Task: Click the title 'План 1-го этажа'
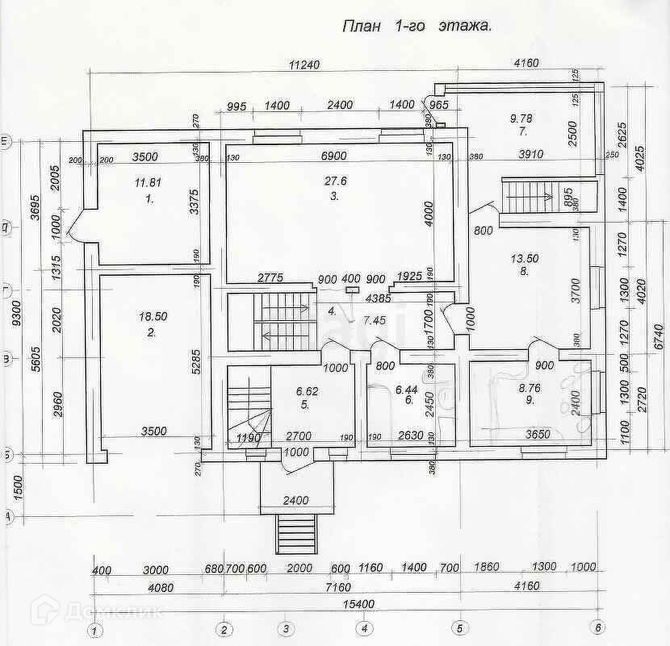pyautogui.click(x=417, y=26)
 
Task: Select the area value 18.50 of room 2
pyautogui.click(x=152, y=318)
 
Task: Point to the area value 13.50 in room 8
pyautogui.click(x=525, y=259)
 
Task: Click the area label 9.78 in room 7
pyautogui.click(x=521, y=119)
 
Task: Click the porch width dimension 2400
pyautogui.click(x=296, y=501)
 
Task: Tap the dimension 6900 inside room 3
pyautogui.click(x=333, y=155)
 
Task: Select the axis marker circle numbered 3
pyautogui.click(x=284, y=629)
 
